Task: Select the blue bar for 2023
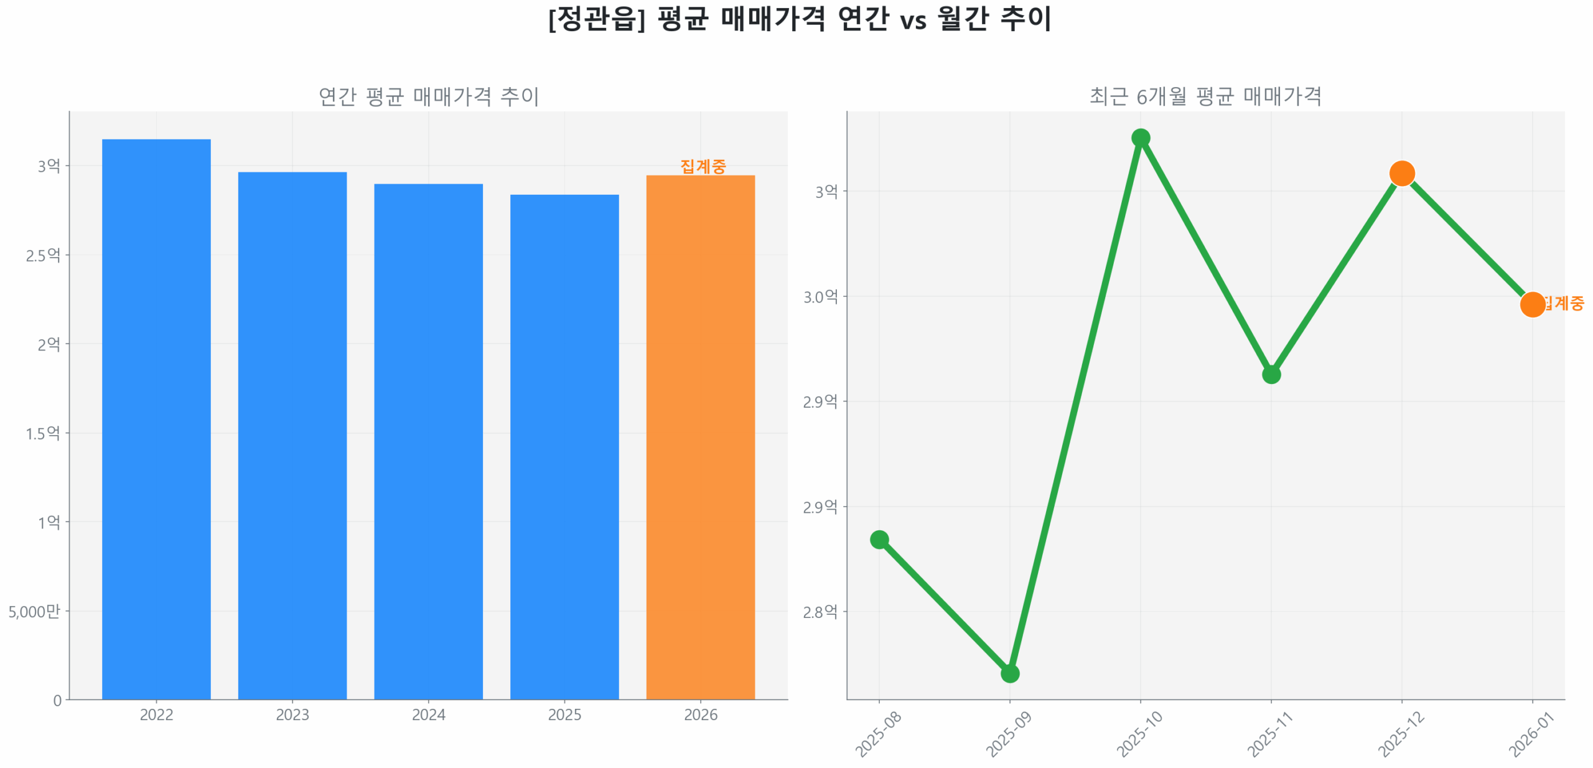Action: point(292,435)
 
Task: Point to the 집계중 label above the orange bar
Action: point(703,166)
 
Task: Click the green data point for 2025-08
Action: point(879,539)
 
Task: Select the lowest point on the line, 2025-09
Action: point(1009,673)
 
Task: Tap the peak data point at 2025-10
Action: point(1140,138)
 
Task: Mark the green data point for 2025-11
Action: point(1271,374)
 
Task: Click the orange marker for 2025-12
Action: point(1401,173)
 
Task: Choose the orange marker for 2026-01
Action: point(1532,304)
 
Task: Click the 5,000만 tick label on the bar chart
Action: point(34,611)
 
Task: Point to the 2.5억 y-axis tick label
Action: point(43,255)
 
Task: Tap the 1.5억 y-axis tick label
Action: point(43,433)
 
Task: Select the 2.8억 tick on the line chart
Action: point(820,612)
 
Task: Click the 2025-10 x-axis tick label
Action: point(1139,734)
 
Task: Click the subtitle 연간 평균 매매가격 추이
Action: point(428,96)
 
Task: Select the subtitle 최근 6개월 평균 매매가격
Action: point(1205,96)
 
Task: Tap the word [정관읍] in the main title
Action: point(596,19)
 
